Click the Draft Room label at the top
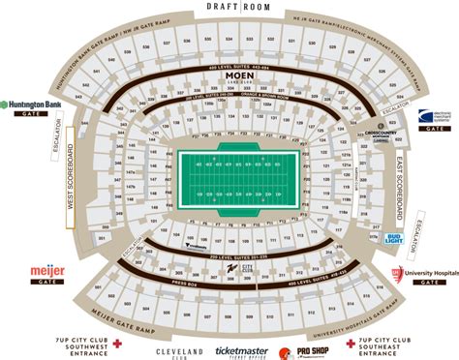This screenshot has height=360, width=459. pos(229,8)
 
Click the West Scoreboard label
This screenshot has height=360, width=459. pos(70,185)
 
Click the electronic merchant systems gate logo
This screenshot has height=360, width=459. pos(433,116)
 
